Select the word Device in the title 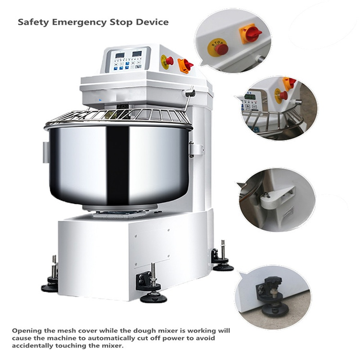(153, 22)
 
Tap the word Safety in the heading (33, 22)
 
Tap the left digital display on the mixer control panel (120, 55)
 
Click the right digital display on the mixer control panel (136, 54)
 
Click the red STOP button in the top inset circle (220, 48)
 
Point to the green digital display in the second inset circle (250, 97)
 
